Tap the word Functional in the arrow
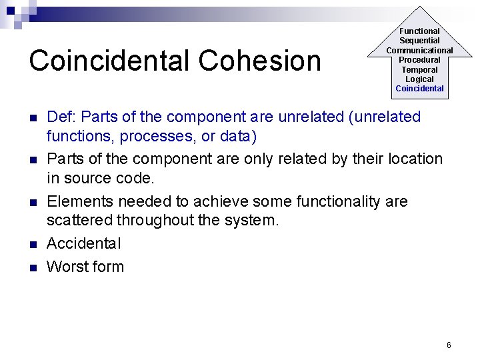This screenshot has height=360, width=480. pyautogui.click(x=419, y=31)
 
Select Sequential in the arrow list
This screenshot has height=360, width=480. pyautogui.click(x=419, y=41)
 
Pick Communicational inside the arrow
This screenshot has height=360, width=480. pyautogui.click(x=419, y=50)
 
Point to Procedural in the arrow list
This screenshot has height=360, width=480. pyautogui.click(x=419, y=60)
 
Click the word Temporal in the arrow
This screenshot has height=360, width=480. pyautogui.click(x=419, y=69)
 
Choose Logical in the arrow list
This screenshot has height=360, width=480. pyautogui.click(x=419, y=79)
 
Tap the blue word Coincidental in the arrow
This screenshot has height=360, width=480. pyautogui.click(x=419, y=89)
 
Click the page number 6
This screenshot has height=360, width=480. pyautogui.click(x=449, y=345)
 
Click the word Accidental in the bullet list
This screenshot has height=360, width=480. pyautogui.click(x=84, y=244)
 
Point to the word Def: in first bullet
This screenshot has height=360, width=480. pyautogui.click(x=62, y=117)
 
